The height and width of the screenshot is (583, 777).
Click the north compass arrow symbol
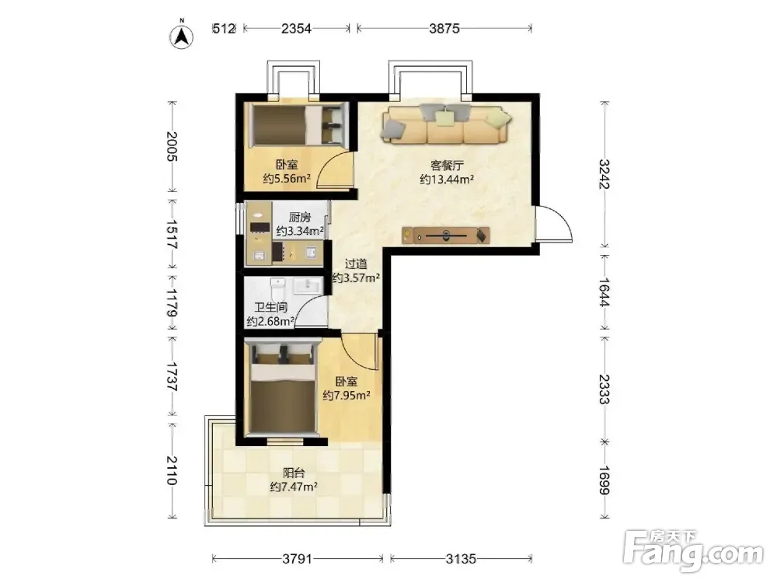tap(182, 36)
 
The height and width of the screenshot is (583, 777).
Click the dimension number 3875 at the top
tap(444, 28)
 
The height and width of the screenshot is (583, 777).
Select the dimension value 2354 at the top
tap(296, 28)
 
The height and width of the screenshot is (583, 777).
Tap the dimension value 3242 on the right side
tap(604, 174)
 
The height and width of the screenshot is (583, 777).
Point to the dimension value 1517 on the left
tap(172, 234)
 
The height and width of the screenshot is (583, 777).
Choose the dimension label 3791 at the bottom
tap(298, 559)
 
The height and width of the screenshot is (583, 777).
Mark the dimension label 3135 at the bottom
tap(461, 559)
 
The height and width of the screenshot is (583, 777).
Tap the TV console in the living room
tap(445, 236)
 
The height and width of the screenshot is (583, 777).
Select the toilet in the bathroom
tap(278, 288)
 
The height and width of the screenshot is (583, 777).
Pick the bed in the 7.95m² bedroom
tap(283, 388)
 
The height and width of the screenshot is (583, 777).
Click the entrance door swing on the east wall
tap(553, 224)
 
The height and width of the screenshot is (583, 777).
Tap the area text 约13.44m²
tap(447, 180)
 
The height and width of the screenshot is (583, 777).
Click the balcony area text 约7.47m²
tap(294, 487)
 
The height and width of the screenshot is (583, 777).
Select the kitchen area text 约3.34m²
tap(300, 231)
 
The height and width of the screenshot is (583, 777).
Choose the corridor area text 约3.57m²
tap(356, 278)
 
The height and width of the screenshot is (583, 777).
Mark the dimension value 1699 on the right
tap(604, 480)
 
